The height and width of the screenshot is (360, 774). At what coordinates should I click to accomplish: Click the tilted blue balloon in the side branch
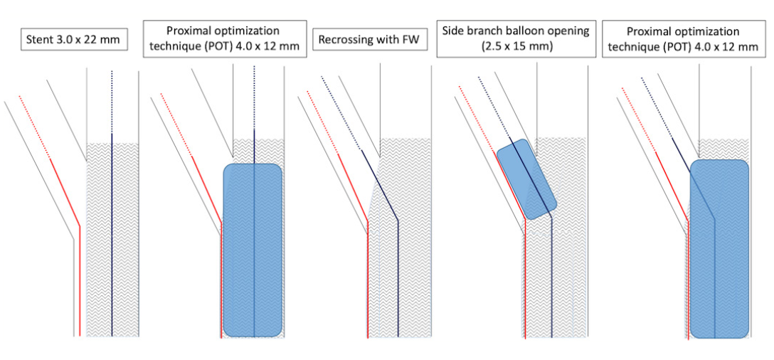pyautogui.click(x=526, y=179)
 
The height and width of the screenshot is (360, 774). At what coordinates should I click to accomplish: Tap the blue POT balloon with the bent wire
pyautogui.click(x=719, y=249)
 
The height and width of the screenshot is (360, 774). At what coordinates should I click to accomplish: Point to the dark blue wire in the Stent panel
pyautogui.click(x=112, y=235)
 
